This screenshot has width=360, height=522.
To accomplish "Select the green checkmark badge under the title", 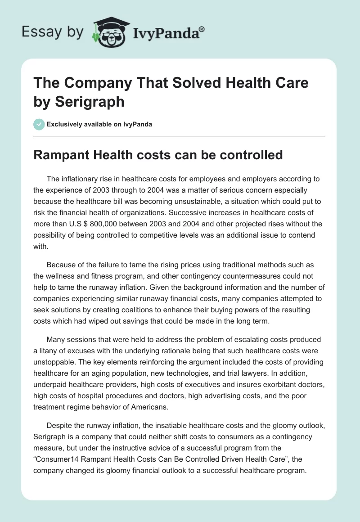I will click(x=39, y=124).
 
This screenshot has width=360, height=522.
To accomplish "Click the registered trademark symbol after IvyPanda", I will click(x=202, y=29).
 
